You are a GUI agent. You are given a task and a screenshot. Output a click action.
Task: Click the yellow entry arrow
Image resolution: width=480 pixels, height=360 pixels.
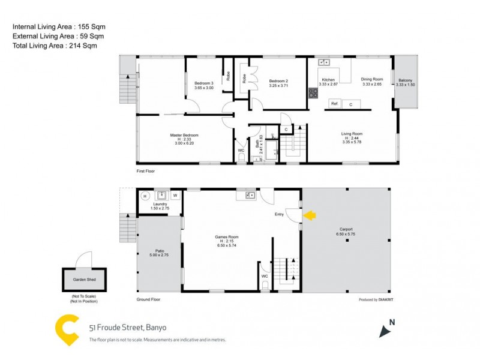310,215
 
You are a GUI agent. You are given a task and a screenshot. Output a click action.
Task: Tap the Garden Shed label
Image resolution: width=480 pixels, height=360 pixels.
84,280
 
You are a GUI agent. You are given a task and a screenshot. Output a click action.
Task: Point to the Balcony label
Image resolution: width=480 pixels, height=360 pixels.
405,80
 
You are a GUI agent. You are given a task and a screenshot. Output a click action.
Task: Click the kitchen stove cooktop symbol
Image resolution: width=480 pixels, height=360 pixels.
313,93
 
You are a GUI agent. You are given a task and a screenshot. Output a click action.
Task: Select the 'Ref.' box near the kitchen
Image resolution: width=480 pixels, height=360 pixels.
335,104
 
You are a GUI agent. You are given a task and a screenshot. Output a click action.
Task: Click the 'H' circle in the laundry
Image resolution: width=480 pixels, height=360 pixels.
145,196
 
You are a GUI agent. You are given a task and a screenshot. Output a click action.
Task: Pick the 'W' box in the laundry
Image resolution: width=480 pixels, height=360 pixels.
175,196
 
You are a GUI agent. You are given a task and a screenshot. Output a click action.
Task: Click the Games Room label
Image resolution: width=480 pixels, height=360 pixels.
227,237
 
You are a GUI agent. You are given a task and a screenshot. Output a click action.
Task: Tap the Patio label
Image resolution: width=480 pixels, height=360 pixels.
160,251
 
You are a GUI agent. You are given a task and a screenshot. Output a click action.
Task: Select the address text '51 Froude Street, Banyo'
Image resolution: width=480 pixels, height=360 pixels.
127,328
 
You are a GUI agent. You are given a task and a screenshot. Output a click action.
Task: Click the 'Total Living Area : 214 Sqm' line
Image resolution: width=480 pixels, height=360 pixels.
55,46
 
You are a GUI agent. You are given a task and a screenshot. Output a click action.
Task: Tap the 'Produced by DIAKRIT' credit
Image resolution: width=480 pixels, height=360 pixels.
376,299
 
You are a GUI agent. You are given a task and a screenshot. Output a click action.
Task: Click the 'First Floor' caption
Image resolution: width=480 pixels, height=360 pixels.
146,171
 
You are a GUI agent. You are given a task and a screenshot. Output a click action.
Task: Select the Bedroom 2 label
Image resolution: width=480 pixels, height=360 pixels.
279,81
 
